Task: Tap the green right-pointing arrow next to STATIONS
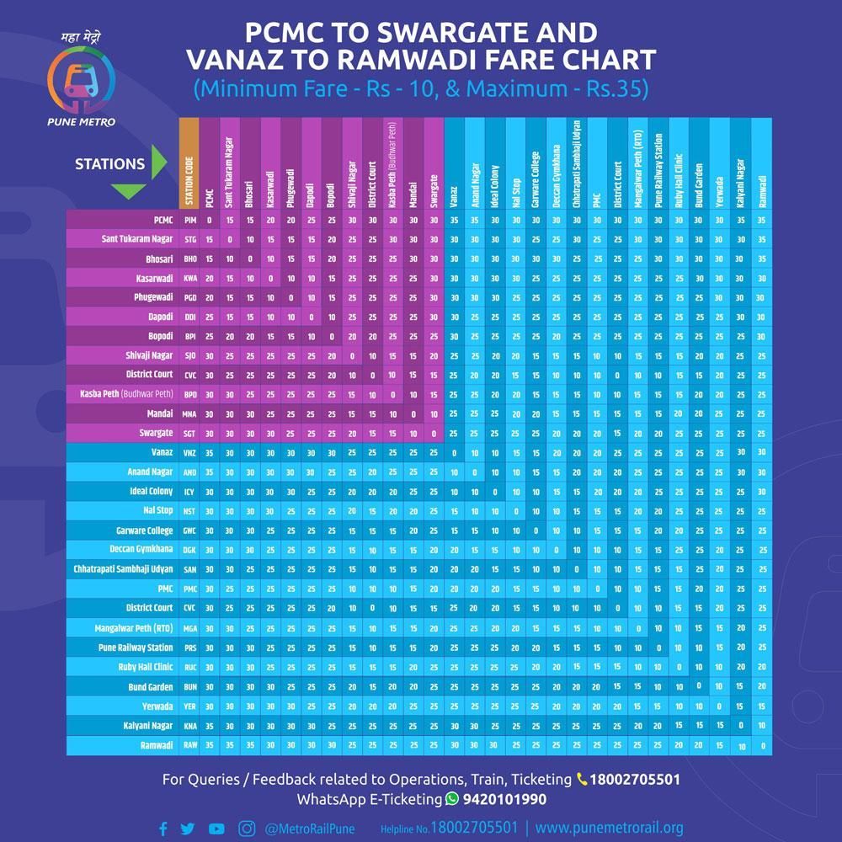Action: tap(157, 164)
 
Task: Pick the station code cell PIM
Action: tap(189, 219)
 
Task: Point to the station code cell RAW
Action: tap(189, 746)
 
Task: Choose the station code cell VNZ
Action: tap(189, 453)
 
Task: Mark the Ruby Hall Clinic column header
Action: tap(679, 177)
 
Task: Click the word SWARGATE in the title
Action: tap(454, 33)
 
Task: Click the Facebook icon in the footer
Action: tap(163, 829)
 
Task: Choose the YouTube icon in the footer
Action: tap(216, 829)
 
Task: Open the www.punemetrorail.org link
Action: tap(609, 829)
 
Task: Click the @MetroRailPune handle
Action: tap(309, 829)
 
